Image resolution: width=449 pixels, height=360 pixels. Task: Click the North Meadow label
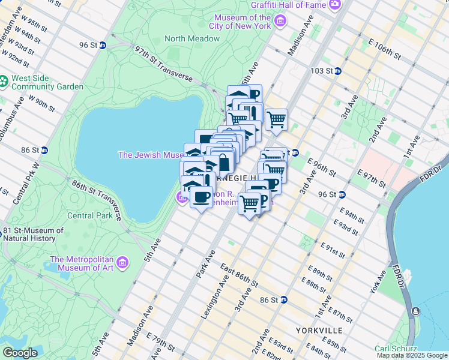pyautogui.click(x=192, y=38)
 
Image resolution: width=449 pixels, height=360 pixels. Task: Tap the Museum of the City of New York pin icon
pyautogui.click(x=280, y=22)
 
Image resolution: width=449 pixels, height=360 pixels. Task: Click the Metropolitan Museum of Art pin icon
pyautogui.click(x=123, y=263)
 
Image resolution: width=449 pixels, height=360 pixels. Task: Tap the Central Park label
pyautogui.click(x=90, y=215)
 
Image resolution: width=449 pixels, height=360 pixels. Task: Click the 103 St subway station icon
pyautogui.click(x=337, y=71)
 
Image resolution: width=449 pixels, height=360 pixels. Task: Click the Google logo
pyautogui.click(x=20, y=353)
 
